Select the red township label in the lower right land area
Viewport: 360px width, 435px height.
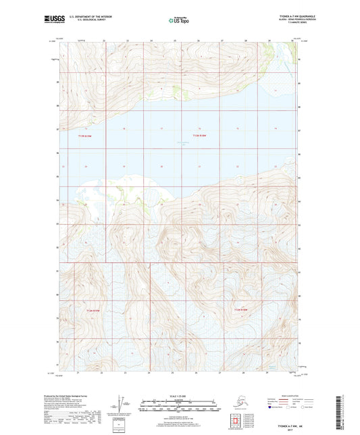[242, 309]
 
